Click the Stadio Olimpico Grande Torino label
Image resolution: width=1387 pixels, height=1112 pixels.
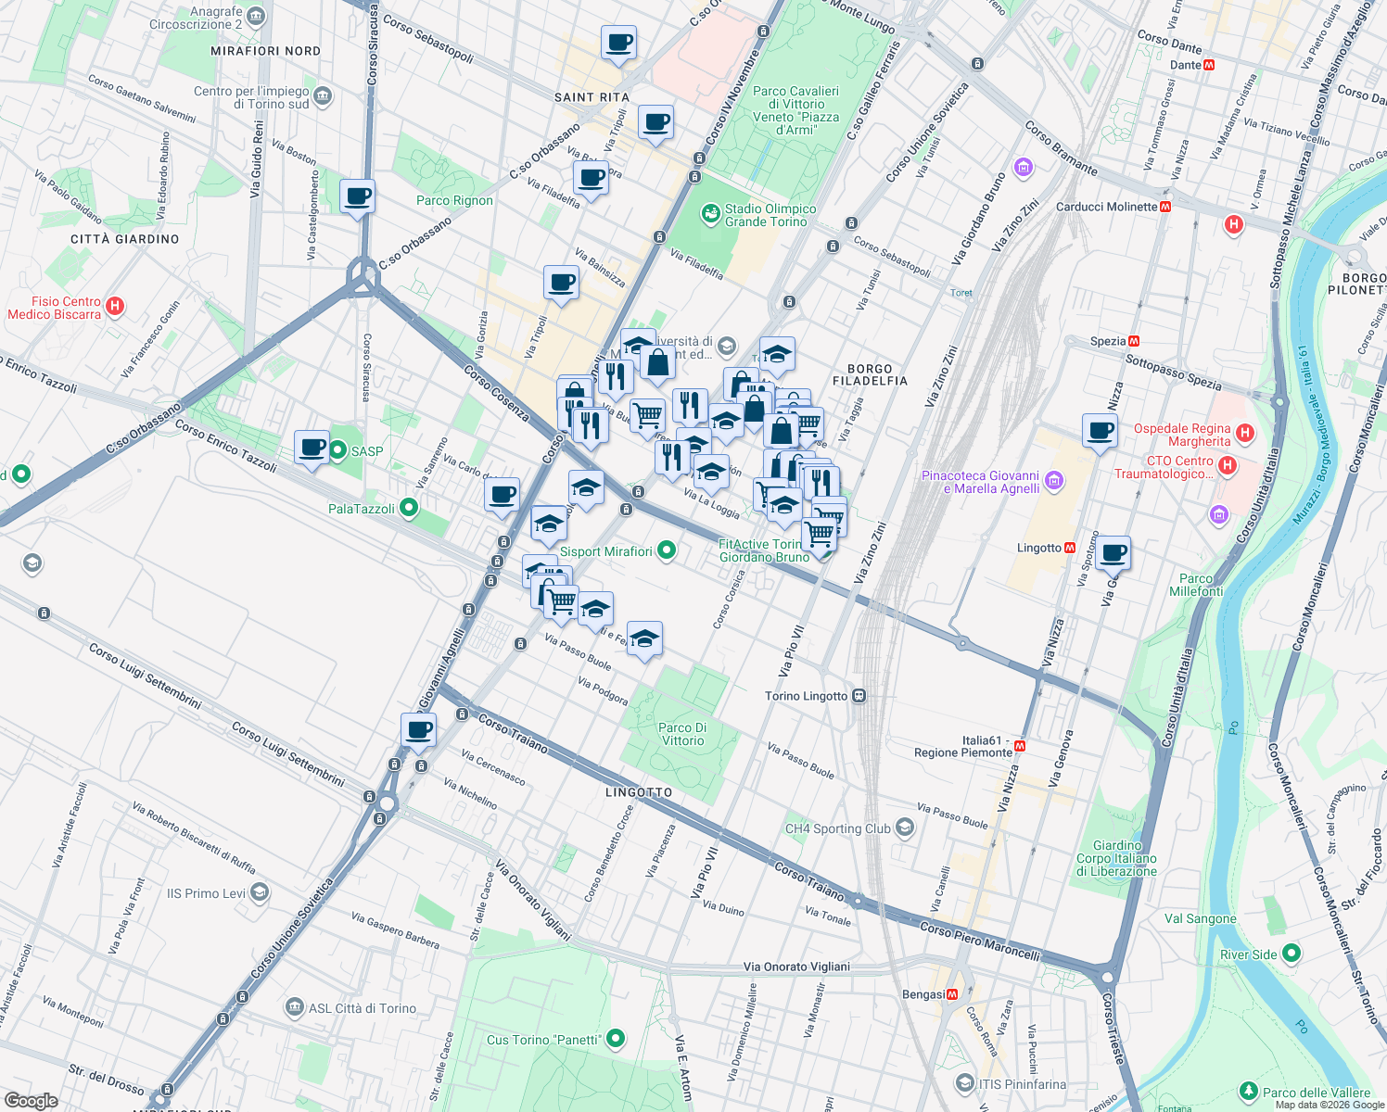[x=770, y=215]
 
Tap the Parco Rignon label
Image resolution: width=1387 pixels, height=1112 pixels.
[x=454, y=200]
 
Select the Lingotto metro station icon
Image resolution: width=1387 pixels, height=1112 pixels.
[x=1070, y=548]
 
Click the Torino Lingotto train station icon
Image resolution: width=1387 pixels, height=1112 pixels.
[x=859, y=696]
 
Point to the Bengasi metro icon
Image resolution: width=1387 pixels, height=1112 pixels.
[x=952, y=994]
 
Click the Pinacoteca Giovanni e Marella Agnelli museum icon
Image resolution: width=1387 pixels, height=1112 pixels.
[x=1053, y=481]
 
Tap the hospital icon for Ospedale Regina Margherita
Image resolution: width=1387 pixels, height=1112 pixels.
[x=1245, y=433]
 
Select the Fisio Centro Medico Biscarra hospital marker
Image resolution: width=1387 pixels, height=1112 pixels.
[x=115, y=307]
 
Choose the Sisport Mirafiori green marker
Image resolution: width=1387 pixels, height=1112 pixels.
[x=667, y=551]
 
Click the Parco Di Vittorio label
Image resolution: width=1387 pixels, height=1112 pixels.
[x=682, y=734]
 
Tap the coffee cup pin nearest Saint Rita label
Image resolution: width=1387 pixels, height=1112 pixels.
[x=618, y=44]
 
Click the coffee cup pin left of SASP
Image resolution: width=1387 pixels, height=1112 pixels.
[x=312, y=448]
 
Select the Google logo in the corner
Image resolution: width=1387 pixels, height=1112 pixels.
[x=31, y=1100]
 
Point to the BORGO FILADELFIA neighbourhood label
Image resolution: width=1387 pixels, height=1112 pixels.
[x=870, y=374]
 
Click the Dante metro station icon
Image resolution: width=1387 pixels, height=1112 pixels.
[x=1209, y=65]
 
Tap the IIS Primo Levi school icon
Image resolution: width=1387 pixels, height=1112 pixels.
[x=260, y=892]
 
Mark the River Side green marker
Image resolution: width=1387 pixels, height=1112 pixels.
[x=1291, y=954]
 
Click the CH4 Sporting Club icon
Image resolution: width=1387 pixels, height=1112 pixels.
[x=904, y=828]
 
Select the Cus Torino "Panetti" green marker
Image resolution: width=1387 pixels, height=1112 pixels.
[x=615, y=1040]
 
